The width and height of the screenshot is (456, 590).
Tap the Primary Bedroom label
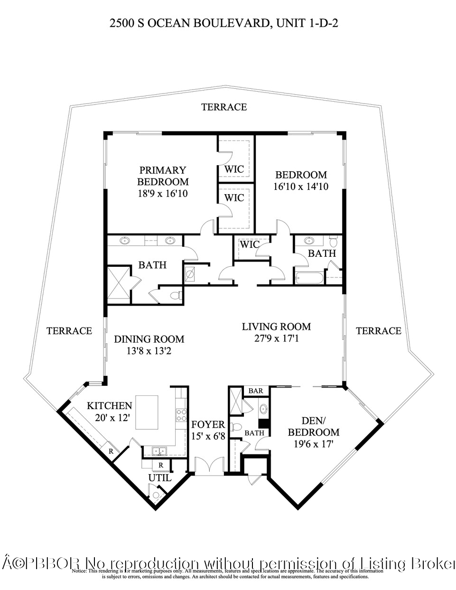point(162,176)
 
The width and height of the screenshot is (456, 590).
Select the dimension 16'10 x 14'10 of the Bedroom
point(301,187)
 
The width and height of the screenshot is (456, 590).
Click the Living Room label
point(276,327)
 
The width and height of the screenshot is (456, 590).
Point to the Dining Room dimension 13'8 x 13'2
point(149,351)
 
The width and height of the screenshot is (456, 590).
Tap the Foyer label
point(207,424)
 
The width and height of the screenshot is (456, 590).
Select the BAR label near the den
point(256,391)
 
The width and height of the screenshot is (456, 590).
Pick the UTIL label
point(160,478)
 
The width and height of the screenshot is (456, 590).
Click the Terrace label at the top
point(224,107)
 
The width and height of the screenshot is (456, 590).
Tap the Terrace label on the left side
point(69,331)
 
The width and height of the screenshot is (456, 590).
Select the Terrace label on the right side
point(378,331)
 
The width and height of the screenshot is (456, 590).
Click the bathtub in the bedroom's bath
point(309,278)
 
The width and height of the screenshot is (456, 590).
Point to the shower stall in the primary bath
point(118,283)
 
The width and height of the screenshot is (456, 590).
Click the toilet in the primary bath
point(176,296)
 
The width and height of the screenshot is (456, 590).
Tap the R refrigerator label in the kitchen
point(111,451)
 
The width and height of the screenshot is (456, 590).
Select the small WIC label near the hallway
point(249,244)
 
